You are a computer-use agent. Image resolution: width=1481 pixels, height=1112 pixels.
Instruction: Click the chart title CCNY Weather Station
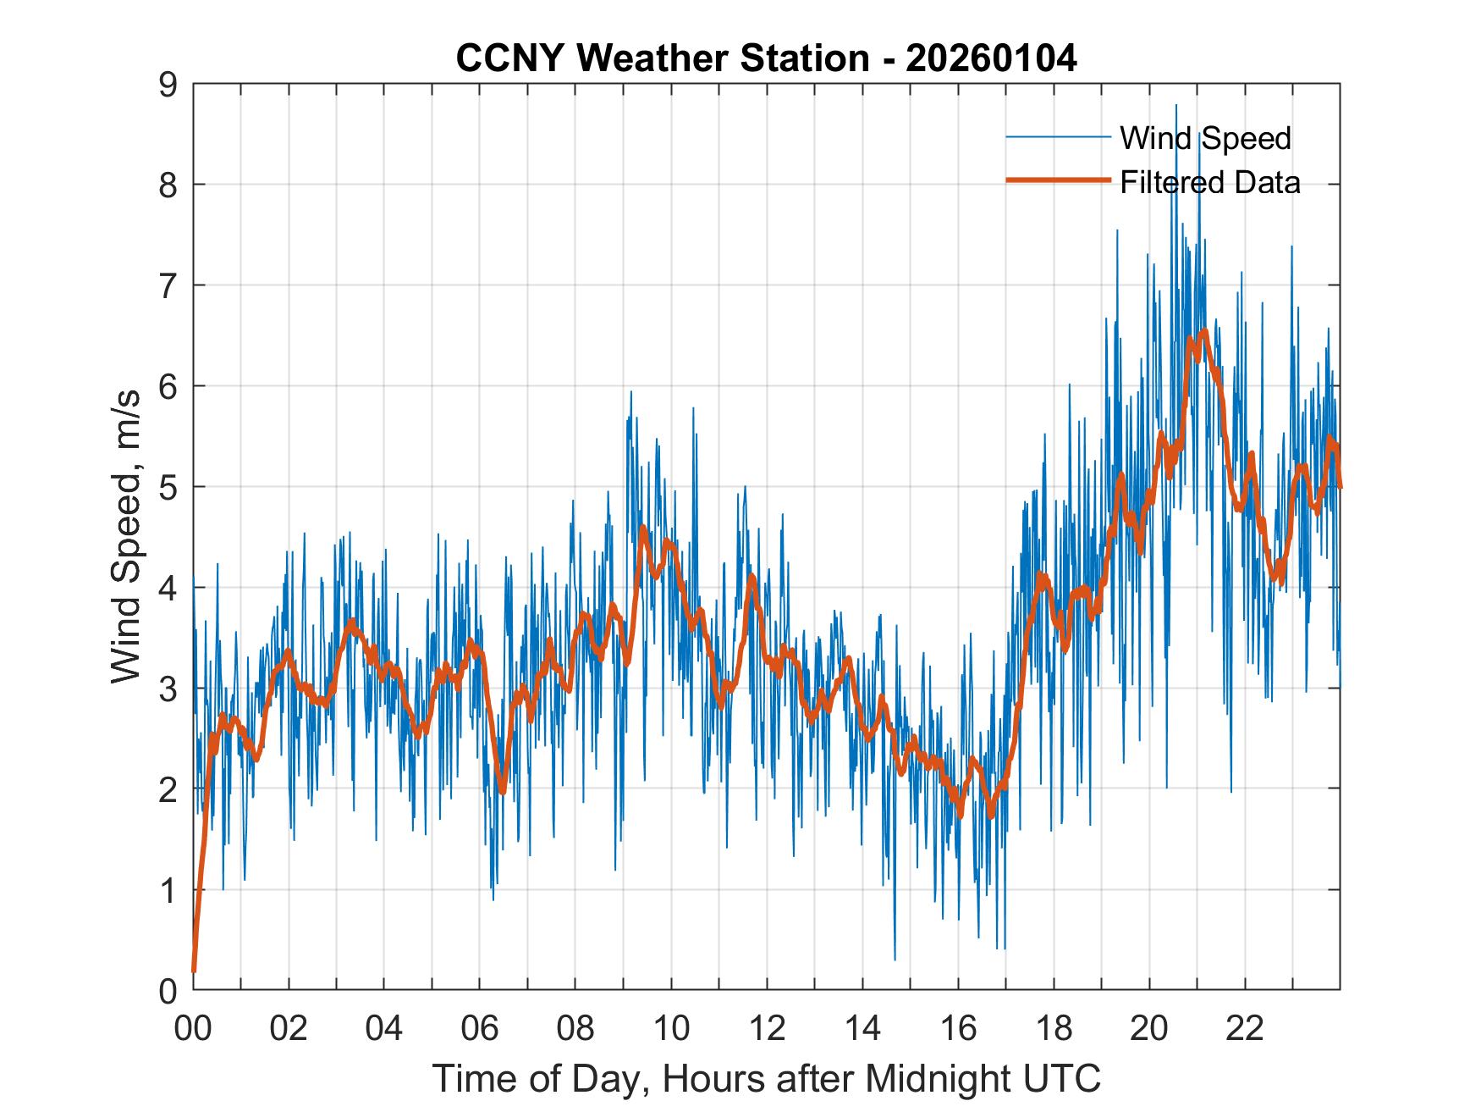tap(766, 58)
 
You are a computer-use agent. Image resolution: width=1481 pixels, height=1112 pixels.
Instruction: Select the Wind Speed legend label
tap(1205, 138)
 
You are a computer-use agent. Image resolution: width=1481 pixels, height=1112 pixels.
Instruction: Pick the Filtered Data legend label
tap(1209, 182)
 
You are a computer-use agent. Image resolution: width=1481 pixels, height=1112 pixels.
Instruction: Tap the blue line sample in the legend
tap(1057, 137)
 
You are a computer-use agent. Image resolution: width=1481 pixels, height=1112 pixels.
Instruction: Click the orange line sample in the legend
tap(1057, 180)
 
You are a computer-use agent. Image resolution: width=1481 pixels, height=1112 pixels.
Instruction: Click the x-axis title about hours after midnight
tap(766, 1078)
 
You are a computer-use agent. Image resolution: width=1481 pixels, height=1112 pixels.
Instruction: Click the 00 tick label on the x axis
tap(193, 1029)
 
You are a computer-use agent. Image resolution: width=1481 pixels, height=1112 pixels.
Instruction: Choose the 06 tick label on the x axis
tap(480, 1029)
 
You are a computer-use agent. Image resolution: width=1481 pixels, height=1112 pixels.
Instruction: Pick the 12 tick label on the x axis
tap(767, 1029)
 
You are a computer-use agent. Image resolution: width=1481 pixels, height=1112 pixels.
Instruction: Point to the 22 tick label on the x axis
tap(1245, 1029)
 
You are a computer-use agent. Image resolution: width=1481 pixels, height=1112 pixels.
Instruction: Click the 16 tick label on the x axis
tap(958, 1029)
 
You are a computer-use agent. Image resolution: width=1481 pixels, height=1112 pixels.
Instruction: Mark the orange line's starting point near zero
tap(194, 971)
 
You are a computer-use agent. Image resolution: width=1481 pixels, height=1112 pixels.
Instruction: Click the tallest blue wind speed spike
tap(1176, 105)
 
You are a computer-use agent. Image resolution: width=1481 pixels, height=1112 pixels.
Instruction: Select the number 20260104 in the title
tap(991, 58)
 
